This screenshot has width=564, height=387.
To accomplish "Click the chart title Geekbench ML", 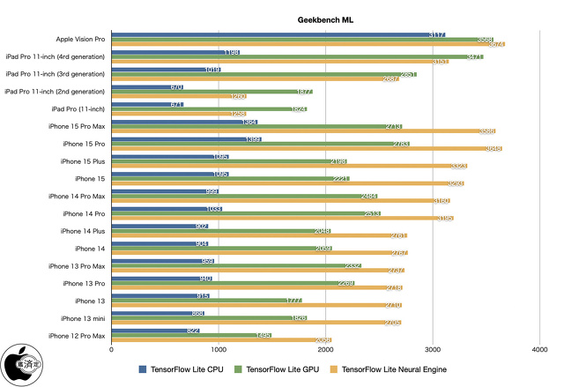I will coord(326,19).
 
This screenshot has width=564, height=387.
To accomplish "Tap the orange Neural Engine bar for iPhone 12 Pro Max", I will coord(221,339).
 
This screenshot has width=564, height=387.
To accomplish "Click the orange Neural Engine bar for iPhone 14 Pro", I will coord(282,218).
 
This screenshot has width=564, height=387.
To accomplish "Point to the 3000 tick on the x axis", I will coord(433,350).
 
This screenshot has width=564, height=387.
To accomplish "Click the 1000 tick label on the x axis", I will coord(219,350).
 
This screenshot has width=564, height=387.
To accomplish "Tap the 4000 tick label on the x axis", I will coord(539,350).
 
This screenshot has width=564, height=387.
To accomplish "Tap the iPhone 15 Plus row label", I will coord(83,161).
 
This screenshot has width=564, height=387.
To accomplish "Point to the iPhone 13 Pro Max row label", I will coord(77,265).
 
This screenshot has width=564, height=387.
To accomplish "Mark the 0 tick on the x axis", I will coord(112,350).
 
